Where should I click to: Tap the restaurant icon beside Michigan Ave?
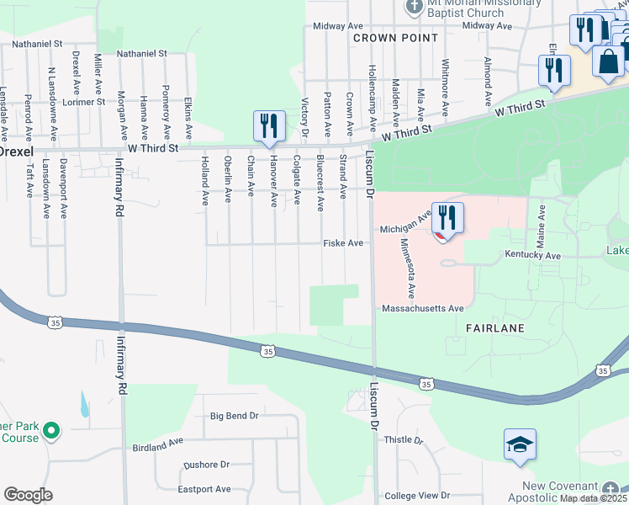[x=447, y=219]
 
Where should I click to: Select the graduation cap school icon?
[x=520, y=445]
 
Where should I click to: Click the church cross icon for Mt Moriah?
[x=414, y=7]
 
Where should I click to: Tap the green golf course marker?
[x=51, y=431]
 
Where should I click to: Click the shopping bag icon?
[x=608, y=61]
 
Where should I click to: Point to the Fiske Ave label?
[x=343, y=243]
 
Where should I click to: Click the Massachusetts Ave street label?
[x=422, y=309]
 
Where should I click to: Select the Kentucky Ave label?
[x=532, y=253]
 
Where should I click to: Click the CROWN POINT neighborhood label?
[x=395, y=38]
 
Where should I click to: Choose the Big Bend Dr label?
[x=234, y=416]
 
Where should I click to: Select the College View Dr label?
[x=416, y=497]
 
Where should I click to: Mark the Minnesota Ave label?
[x=407, y=268]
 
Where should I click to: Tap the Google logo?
[x=28, y=495]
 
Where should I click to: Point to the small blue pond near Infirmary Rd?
[x=85, y=406]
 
